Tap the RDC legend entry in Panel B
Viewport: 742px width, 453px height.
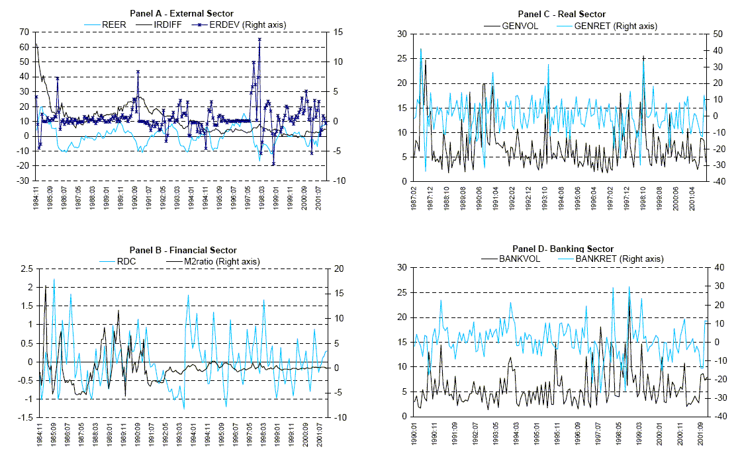coord(126,261)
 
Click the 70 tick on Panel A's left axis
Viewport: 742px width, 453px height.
coord(26,32)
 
